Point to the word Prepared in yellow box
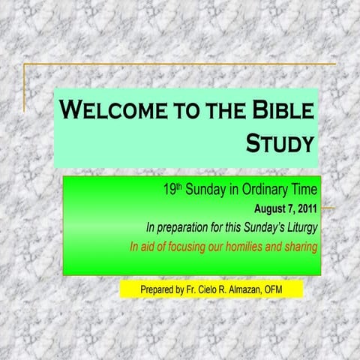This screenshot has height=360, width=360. coord(158,289)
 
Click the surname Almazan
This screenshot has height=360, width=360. coord(244,289)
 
